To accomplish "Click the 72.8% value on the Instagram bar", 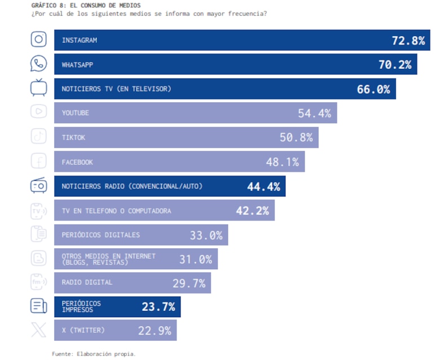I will [x=408, y=41].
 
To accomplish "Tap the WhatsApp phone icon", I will [x=38, y=64].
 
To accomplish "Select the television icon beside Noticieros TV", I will [x=38, y=88].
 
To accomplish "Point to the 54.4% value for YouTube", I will [x=314, y=113].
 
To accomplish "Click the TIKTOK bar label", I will [x=74, y=138].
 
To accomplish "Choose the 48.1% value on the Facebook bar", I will [x=282, y=163].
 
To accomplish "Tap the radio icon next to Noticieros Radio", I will [x=38, y=186].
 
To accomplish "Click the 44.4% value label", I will [x=263, y=187].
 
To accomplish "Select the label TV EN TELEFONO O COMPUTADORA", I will [x=116, y=211].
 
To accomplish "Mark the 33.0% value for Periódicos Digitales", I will [x=206, y=235].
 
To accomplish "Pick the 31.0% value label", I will [x=196, y=260].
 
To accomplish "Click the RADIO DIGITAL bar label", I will [x=87, y=282].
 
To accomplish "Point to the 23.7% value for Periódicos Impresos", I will [x=158, y=307].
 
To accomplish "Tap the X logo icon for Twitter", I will [x=38, y=330].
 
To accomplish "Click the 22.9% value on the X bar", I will [x=155, y=331].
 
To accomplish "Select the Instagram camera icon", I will [x=38, y=39].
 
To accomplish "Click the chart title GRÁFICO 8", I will [x=86, y=5].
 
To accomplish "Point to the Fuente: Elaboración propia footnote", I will [x=94, y=354].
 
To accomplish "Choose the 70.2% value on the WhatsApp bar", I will [x=395, y=65].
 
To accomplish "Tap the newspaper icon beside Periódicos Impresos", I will [x=38, y=306].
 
